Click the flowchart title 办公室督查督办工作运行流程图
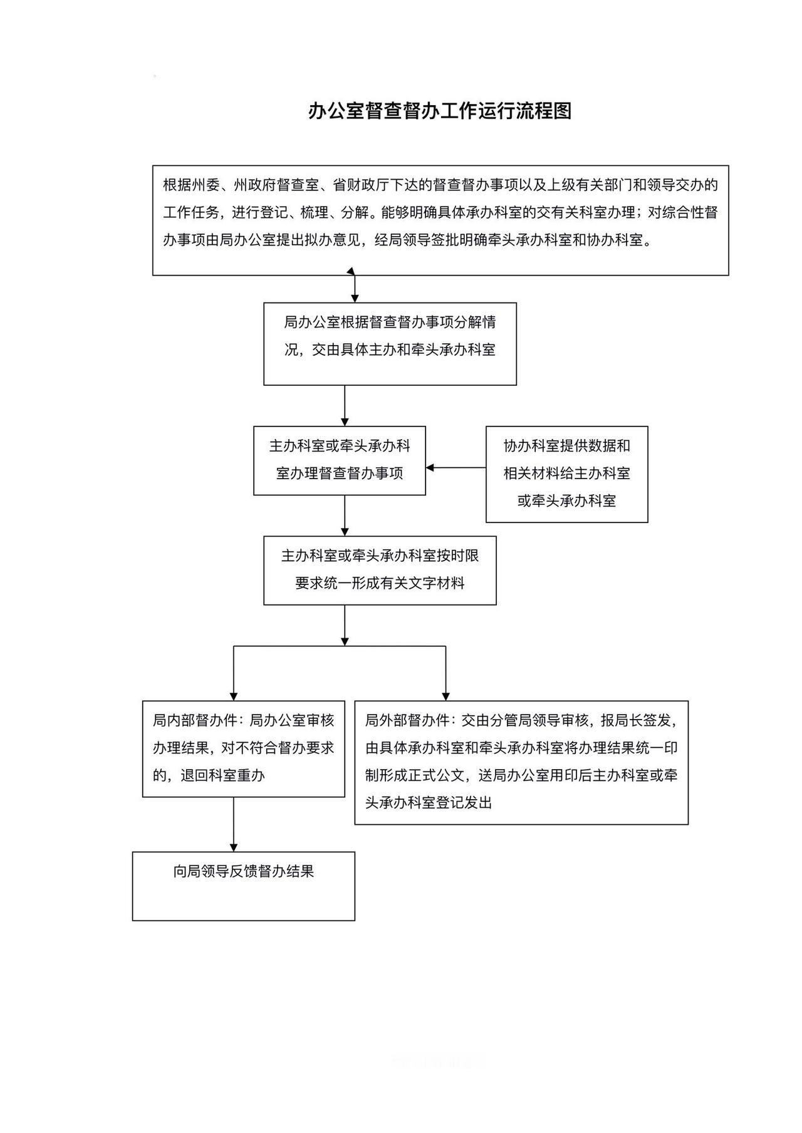coord(440,111)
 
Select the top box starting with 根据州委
coord(440,220)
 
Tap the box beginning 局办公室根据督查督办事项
coord(389,343)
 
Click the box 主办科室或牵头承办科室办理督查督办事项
coord(339,460)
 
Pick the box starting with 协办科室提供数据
coord(566,474)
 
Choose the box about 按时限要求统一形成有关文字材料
coord(380,570)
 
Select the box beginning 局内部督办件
coord(243,748)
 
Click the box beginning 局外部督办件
coord(521,762)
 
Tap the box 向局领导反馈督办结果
coord(243,885)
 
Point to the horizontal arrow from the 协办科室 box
coord(456,467)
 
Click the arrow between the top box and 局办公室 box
coord(355,289)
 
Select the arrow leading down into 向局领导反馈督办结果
coord(234,824)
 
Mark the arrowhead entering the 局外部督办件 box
coord(445,695)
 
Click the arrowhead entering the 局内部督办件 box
coord(234,695)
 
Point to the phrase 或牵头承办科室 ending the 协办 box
coord(566,501)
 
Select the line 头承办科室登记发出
coord(429,803)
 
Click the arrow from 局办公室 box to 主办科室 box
coord(345,405)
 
